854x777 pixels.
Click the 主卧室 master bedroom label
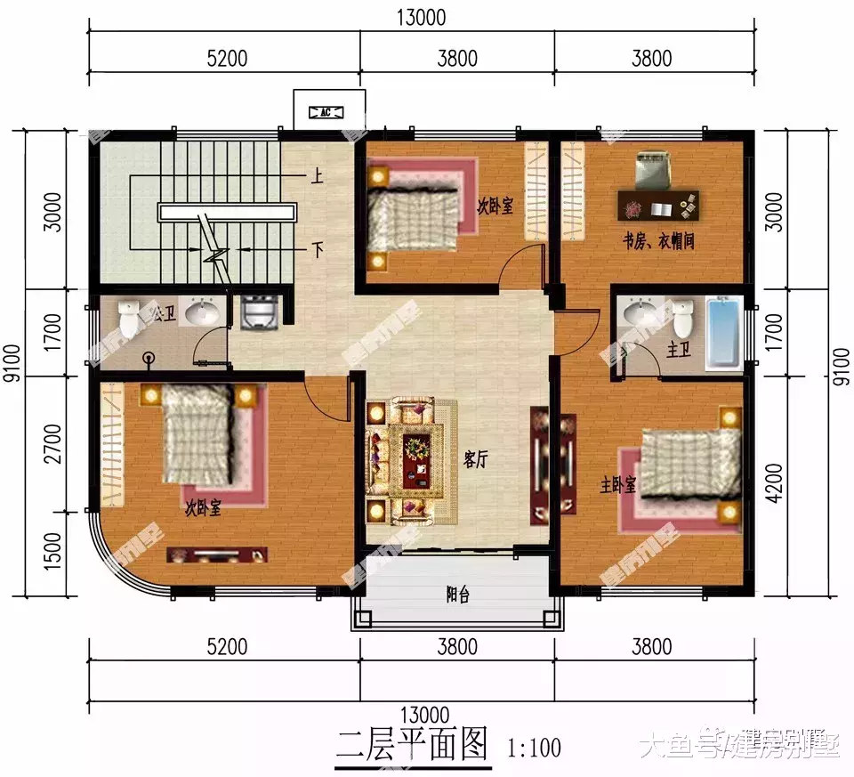click(618, 485)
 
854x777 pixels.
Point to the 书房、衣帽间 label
click(658, 242)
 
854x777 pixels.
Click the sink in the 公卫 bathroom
click(203, 312)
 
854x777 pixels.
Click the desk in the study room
click(660, 206)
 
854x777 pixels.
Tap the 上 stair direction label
click(316, 175)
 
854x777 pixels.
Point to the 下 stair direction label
click(316, 250)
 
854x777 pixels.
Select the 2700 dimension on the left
click(53, 443)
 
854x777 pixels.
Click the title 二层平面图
click(413, 742)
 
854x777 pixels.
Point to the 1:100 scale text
click(534, 747)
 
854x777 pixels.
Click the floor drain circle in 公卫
click(149, 358)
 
